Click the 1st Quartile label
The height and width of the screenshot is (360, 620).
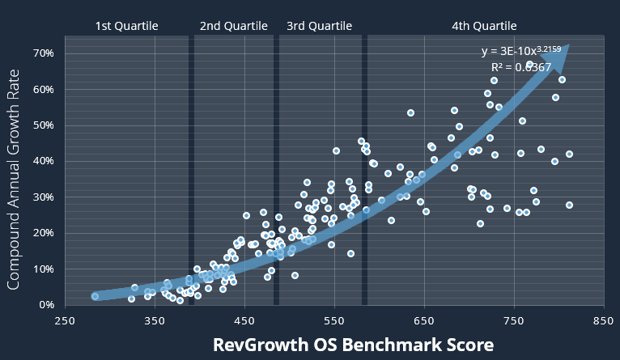[x=126, y=26]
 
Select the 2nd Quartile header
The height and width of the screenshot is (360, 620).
[x=233, y=26]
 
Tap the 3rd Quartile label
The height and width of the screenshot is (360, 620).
[x=320, y=26]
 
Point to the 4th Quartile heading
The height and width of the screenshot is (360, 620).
[x=484, y=26]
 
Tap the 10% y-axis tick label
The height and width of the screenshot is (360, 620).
[x=43, y=269]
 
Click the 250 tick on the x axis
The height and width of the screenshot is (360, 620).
[x=66, y=320]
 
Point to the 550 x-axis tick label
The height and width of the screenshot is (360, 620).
[x=335, y=320]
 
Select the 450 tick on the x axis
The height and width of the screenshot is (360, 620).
[x=245, y=320]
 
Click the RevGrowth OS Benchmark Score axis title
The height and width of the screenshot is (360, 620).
[x=353, y=345]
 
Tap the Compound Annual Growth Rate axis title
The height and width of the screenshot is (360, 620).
[x=15, y=179]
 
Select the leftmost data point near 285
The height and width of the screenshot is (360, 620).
[x=96, y=296]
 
